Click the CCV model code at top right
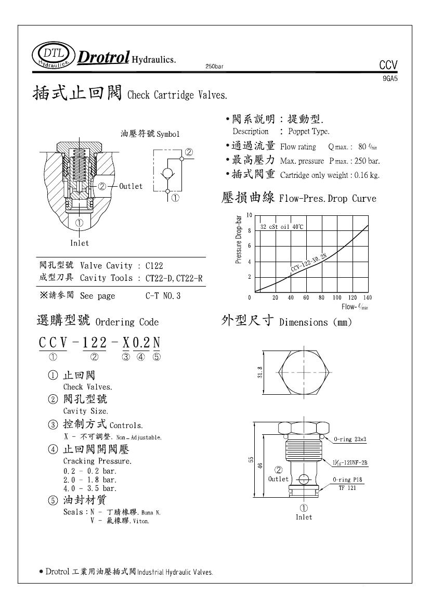click(x=388, y=65)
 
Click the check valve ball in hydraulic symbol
click(x=168, y=173)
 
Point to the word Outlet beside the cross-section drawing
click(x=131, y=186)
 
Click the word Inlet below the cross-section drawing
click(x=80, y=243)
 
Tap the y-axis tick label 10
click(x=250, y=215)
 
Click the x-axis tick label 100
click(x=337, y=297)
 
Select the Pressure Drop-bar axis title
click(x=239, y=241)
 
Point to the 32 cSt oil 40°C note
click(x=282, y=227)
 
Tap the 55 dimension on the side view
click(x=250, y=460)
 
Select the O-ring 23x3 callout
click(x=350, y=439)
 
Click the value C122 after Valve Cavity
click(x=154, y=265)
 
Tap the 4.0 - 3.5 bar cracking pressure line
click(x=90, y=488)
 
